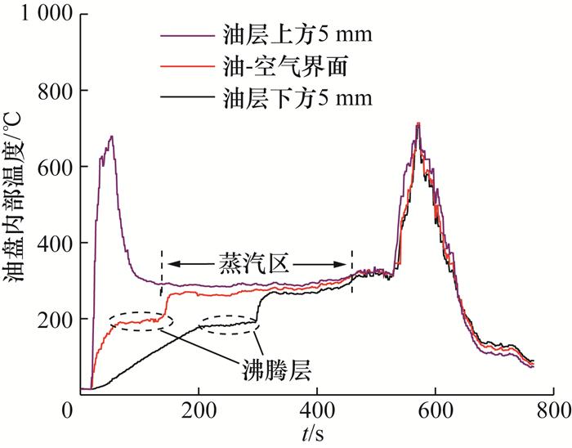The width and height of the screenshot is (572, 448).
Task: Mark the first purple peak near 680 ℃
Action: coord(111,137)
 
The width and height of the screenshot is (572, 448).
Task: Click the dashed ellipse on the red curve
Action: coord(137,321)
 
